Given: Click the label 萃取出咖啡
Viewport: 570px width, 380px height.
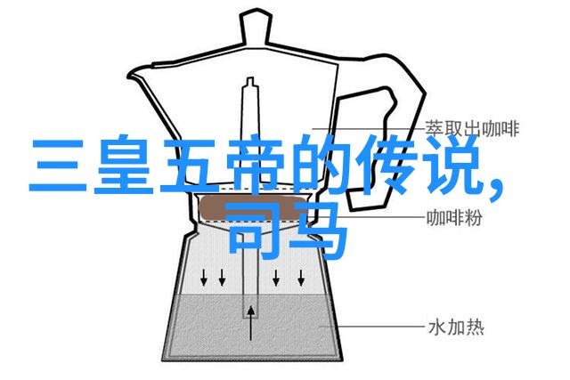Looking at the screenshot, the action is pyautogui.click(x=472, y=129).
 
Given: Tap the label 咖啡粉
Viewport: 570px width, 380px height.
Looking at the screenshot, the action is pyautogui.click(x=454, y=218).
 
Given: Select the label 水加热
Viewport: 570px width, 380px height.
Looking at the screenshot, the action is pyautogui.click(x=456, y=327).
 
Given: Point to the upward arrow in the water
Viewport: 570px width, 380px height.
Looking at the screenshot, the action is pyautogui.click(x=250, y=323).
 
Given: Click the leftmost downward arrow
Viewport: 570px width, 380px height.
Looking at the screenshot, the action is pyautogui.click(x=204, y=278).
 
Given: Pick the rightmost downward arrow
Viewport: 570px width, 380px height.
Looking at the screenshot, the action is pyautogui.click(x=301, y=278).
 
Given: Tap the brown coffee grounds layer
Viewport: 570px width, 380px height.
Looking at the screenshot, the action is pyautogui.click(x=253, y=208).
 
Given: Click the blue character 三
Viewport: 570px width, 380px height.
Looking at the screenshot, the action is pyautogui.click(x=58, y=166).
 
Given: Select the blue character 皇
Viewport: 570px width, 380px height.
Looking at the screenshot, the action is pyautogui.click(x=123, y=165).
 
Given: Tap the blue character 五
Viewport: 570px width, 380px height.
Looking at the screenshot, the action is pyautogui.click(x=189, y=166).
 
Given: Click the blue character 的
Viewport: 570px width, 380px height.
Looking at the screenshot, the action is pyautogui.click(x=319, y=165).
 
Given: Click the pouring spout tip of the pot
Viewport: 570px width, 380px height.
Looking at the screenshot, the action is pyautogui.click(x=128, y=77).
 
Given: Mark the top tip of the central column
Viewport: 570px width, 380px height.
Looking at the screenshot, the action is pyautogui.click(x=250, y=77).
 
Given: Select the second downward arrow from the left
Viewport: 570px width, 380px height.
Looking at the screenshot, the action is pyautogui.click(x=222, y=278).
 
